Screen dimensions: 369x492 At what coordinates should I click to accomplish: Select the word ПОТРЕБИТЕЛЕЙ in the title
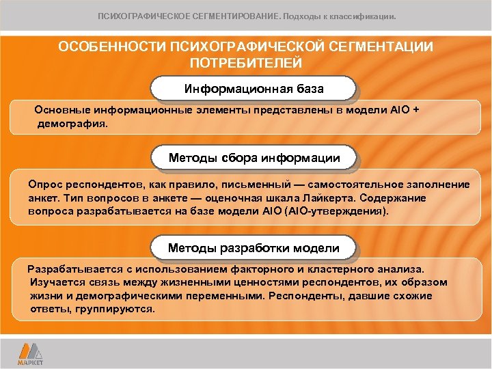point(245,64)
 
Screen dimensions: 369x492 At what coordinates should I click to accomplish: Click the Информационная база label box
point(254,89)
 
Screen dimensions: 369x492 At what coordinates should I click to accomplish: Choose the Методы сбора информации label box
point(254,158)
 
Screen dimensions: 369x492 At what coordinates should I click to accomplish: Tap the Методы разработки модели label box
point(254,247)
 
